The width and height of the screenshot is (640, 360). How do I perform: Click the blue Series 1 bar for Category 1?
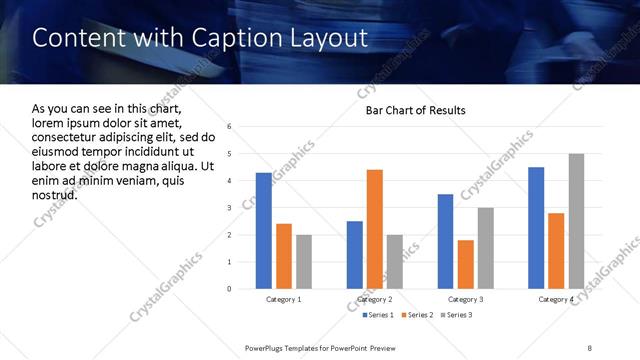pyautogui.click(x=264, y=231)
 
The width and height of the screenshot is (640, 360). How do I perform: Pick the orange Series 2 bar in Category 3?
pyautogui.click(x=466, y=264)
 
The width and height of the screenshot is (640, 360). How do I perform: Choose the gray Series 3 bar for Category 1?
pyautogui.click(x=304, y=262)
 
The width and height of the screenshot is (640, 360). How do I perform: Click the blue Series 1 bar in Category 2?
pyautogui.click(x=355, y=255)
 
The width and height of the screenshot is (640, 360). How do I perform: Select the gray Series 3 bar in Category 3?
pyautogui.click(x=486, y=248)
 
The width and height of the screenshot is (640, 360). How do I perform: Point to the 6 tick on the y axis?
pyautogui.click(x=230, y=127)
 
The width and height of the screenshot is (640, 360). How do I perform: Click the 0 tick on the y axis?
pyautogui.click(x=230, y=289)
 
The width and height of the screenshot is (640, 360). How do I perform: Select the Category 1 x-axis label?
pyautogui.click(x=284, y=300)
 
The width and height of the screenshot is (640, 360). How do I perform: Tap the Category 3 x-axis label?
pyautogui.click(x=466, y=300)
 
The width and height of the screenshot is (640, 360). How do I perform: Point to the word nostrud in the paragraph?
pyautogui.click(x=55, y=194)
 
